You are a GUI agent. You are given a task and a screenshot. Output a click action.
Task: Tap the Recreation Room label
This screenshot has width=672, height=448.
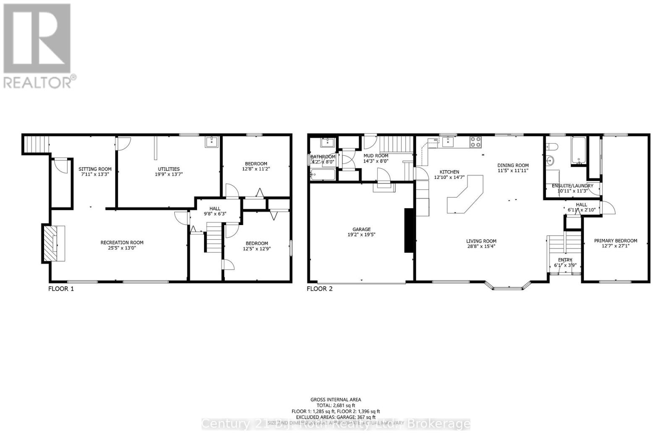(x=122, y=242)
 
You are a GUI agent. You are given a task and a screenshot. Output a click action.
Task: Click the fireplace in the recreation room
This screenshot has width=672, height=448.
(x=54, y=244)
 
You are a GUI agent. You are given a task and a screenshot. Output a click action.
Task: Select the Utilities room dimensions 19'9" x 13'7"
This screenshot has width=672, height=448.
(x=168, y=174)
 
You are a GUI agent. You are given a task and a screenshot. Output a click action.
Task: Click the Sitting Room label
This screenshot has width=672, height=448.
(x=95, y=169)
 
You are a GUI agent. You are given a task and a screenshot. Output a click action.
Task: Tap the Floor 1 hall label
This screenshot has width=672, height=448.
(x=215, y=208)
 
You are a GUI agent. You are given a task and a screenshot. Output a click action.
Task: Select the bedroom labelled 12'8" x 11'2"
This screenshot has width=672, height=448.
(x=255, y=166)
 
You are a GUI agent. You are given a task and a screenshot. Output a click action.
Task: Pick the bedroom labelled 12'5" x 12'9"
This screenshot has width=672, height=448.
(x=257, y=246)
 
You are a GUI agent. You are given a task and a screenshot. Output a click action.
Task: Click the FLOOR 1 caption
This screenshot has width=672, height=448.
(x=61, y=289)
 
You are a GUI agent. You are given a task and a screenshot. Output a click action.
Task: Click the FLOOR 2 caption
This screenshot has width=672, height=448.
(x=320, y=289)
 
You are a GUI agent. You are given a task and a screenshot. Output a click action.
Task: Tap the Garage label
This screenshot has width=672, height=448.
(x=361, y=229)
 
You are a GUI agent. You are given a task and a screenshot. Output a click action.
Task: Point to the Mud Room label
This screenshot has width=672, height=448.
(x=375, y=156)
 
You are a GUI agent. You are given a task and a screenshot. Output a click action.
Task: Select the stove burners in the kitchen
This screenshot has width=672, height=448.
(x=475, y=142)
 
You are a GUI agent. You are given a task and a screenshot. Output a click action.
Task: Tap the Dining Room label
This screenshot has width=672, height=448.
(x=513, y=165)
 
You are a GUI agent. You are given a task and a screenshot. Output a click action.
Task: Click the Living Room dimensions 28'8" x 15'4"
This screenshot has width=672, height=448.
(x=481, y=246)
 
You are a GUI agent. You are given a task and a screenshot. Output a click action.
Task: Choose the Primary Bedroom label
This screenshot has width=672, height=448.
(x=615, y=241)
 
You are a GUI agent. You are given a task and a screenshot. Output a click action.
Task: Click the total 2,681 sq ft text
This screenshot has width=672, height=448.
(x=336, y=406)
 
